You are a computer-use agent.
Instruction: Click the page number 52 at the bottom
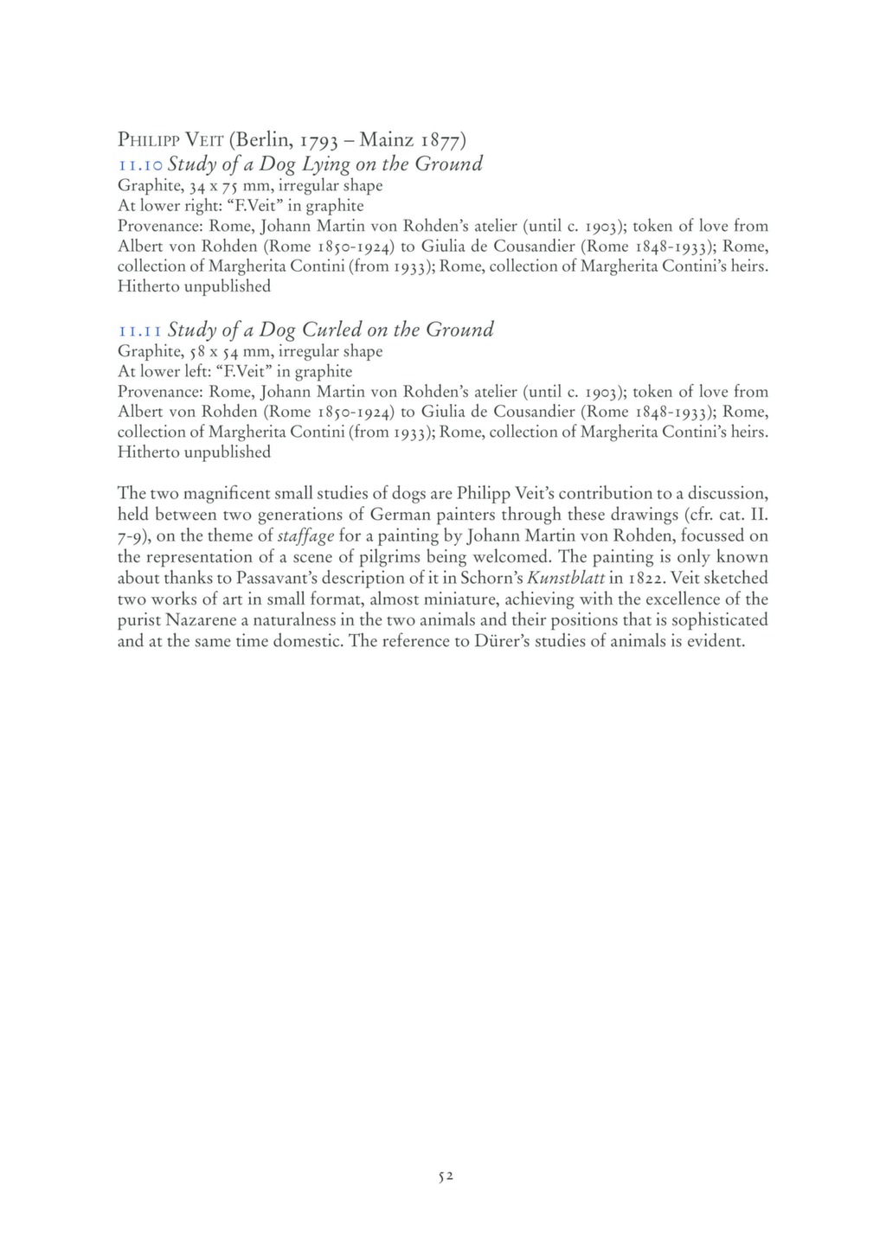point(446,1176)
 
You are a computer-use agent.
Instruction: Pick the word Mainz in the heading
point(386,139)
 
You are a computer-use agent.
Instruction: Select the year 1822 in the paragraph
point(645,578)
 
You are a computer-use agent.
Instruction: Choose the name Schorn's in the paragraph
point(496,578)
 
